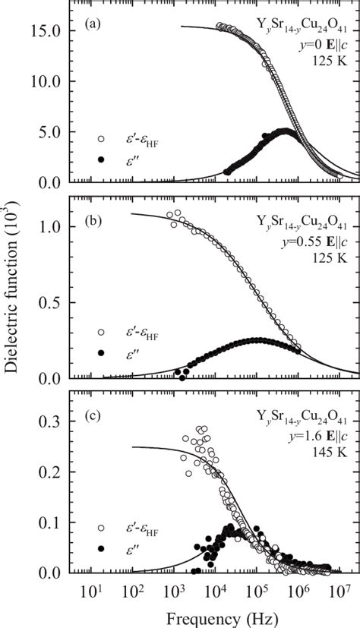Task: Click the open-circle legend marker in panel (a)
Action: pos(101,139)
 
